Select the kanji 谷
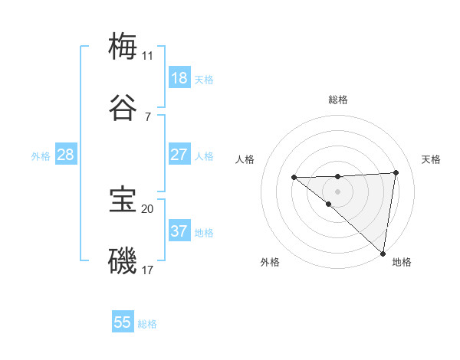pos(123,108)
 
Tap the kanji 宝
pos(123,200)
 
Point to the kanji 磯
pos(123,261)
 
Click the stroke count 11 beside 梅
pos(147,56)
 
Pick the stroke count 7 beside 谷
pos(147,116)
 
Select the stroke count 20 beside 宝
pos(147,208)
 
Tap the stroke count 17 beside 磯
pos(147,270)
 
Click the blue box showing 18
pos(179,78)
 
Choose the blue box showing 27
pos(179,155)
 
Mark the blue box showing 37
pos(179,231)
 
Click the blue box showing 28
pos(65,155)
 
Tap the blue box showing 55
pos(123,323)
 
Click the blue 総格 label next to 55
pos(147,325)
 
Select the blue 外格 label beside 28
pos(41,156)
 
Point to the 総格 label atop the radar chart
pos(338,100)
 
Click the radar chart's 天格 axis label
pos(431,159)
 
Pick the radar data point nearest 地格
pos(383,254)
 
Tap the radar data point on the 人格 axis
pos(294,178)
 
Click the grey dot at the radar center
pos(338,191)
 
